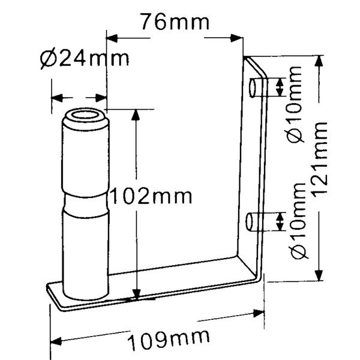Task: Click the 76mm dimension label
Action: tap(175, 22)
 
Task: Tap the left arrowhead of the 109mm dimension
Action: tap(56, 341)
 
